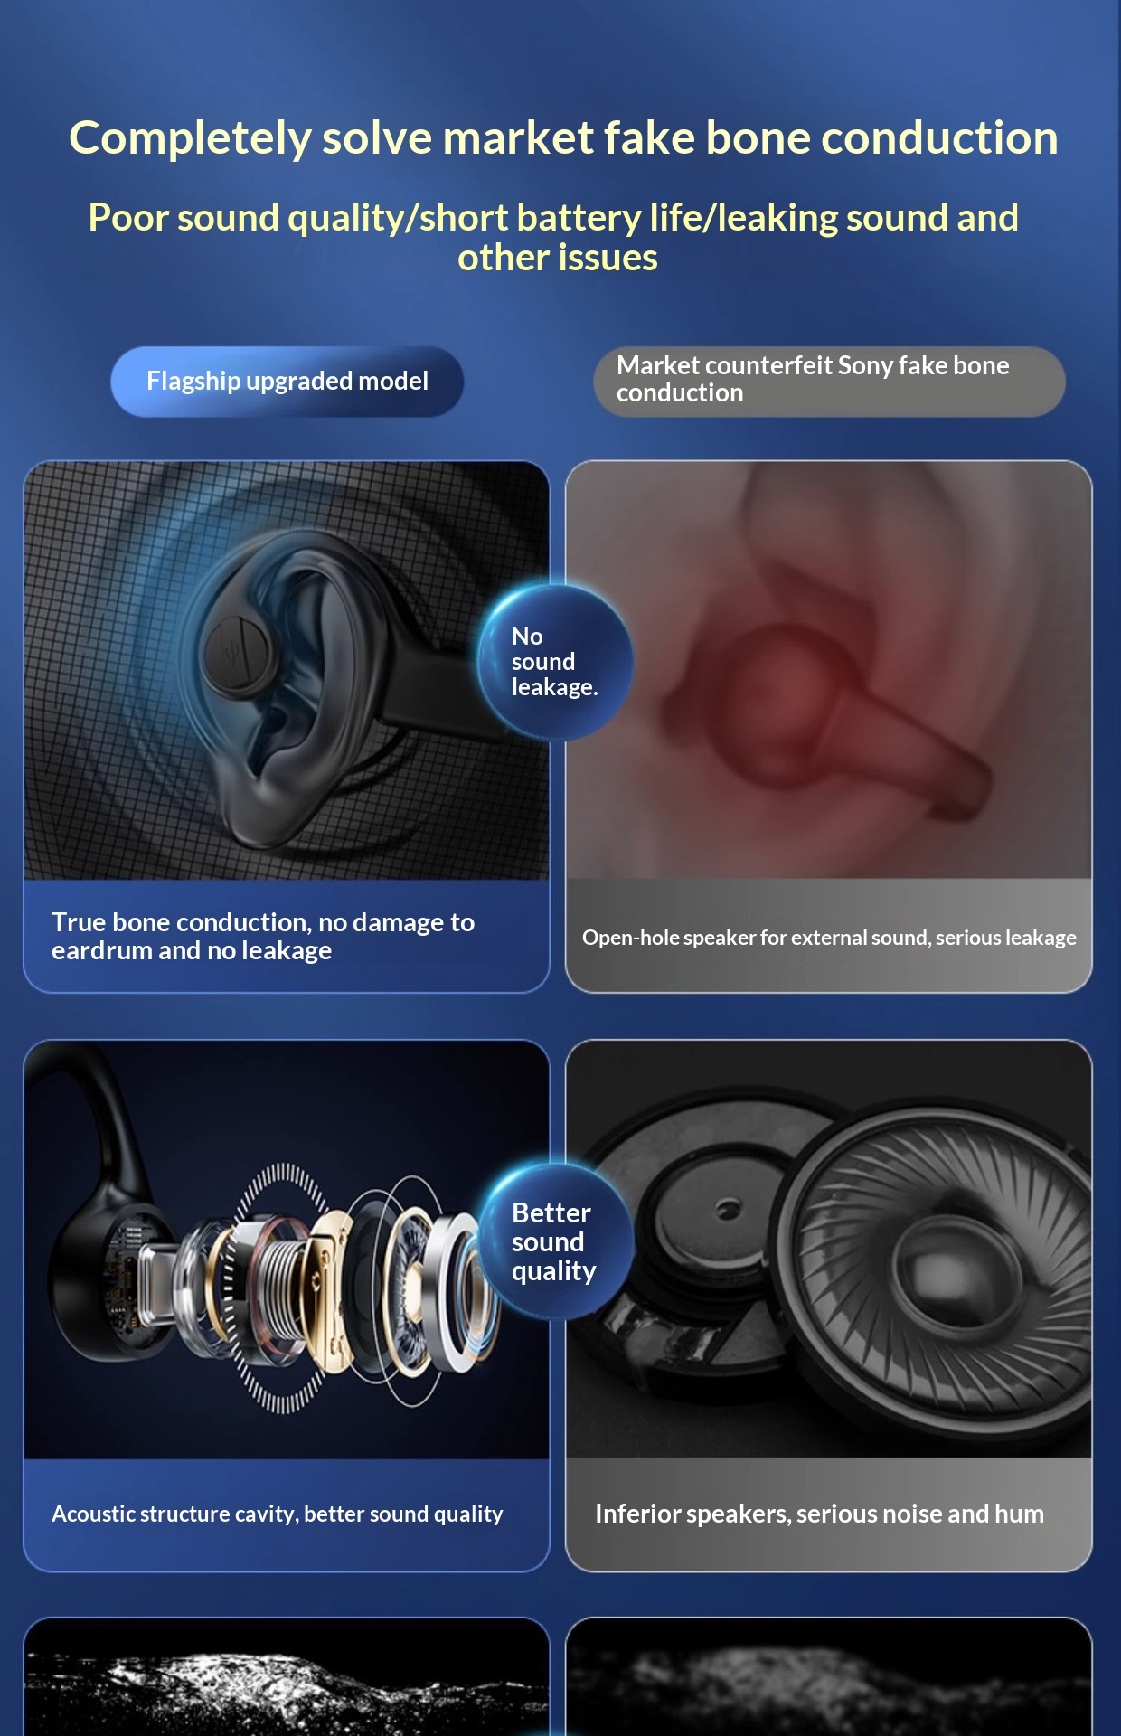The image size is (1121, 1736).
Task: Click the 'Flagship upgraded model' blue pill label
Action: pos(287,382)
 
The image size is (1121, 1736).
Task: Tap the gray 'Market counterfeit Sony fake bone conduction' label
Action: pos(828,381)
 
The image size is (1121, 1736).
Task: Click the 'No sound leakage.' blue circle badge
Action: pos(554,662)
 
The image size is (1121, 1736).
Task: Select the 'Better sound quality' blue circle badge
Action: pos(554,1241)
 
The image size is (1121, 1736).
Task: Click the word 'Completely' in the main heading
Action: pos(190,138)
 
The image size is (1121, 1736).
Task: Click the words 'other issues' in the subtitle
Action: pos(558,259)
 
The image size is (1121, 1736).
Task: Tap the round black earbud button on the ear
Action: pos(237,652)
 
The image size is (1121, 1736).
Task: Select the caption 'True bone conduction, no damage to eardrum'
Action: pos(263,936)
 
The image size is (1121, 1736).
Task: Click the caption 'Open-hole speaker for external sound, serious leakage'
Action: pos(829,938)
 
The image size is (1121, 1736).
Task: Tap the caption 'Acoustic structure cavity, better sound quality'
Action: pos(277,1514)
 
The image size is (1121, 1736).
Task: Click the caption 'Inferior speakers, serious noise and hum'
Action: pos(819,1514)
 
